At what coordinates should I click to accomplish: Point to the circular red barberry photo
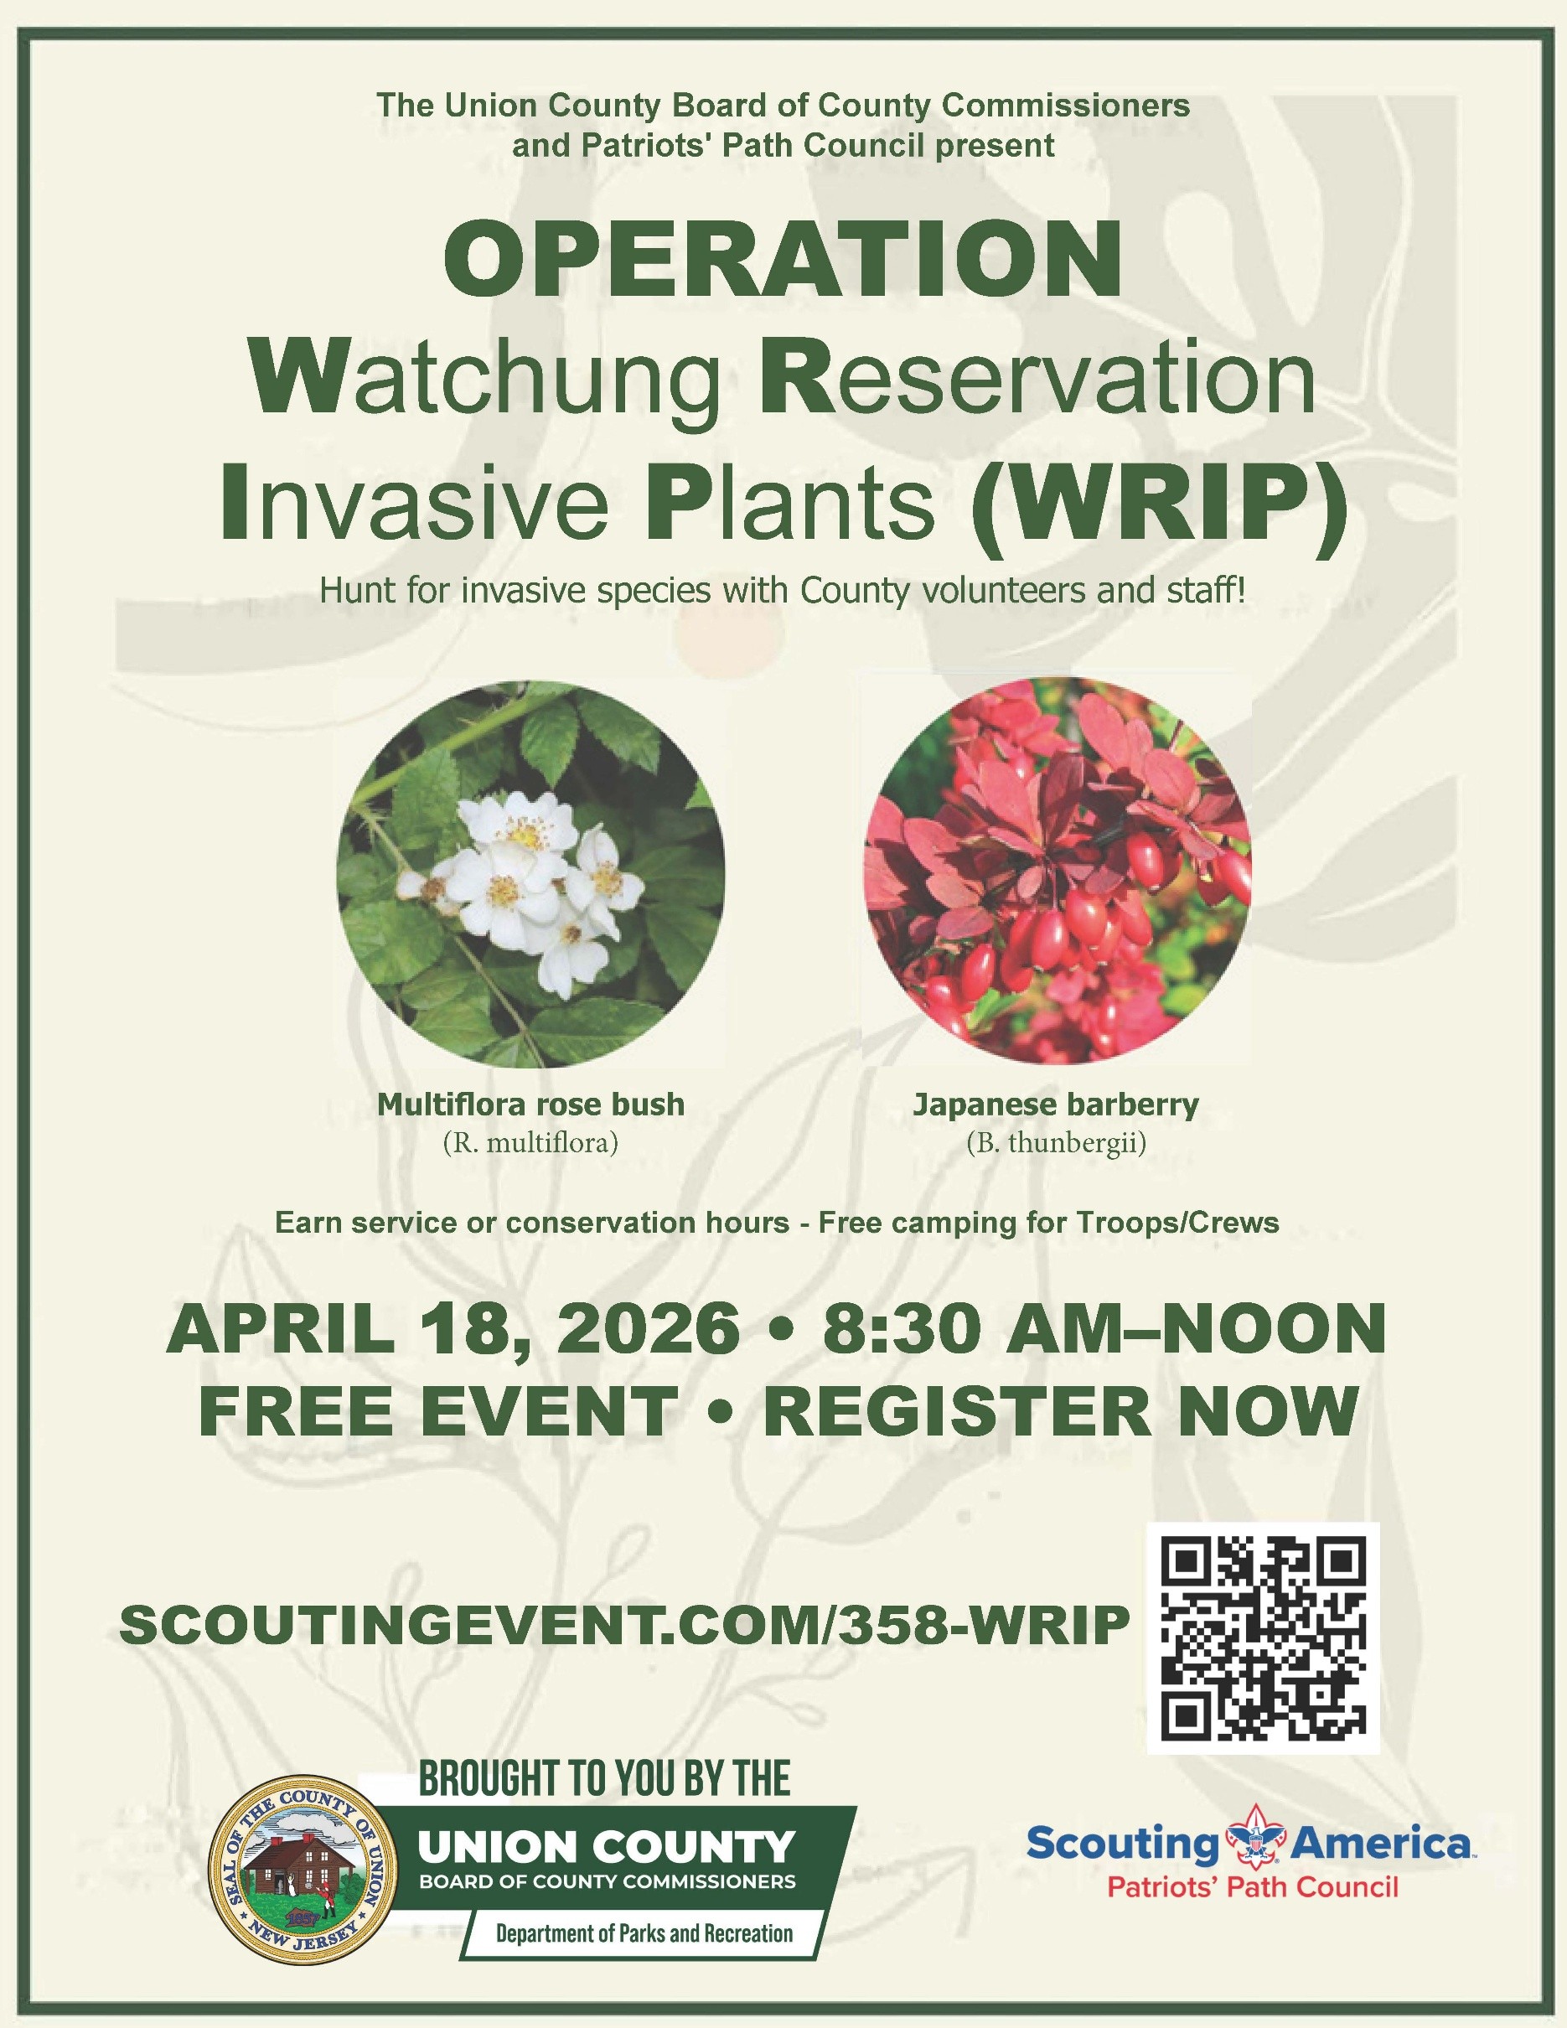coord(1058,868)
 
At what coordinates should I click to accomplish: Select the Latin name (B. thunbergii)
coord(1057,1143)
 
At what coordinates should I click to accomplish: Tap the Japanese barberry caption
coord(1057,1105)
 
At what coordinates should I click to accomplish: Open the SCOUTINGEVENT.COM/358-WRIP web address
coord(625,1624)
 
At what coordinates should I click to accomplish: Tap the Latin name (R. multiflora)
coord(530,1142)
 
